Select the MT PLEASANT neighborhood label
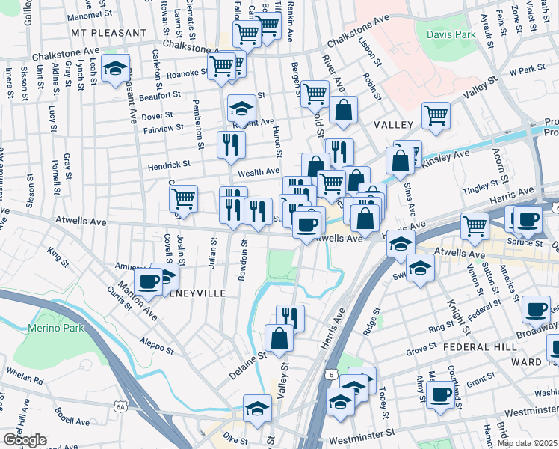coord(109,34)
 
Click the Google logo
coord(25,440)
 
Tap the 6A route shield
coord(120,406)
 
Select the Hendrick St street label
coord(168,163)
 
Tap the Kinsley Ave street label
coord(445,158)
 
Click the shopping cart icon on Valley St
coord(436,114)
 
